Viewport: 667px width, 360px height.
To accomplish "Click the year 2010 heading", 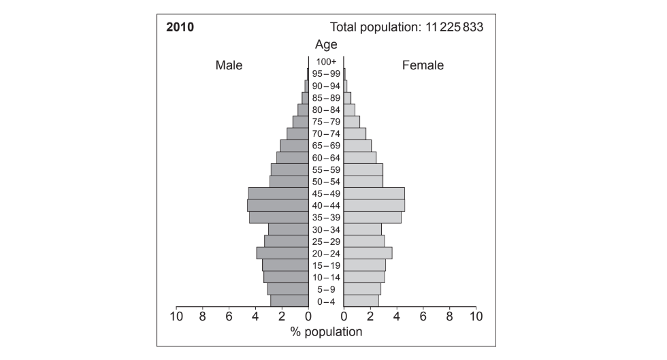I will pyautogui.click(x=180, y=27).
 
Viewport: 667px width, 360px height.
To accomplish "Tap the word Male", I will pyautogui.click(x=229, y=65).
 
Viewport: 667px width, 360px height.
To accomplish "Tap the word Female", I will pyautogui.click(x=423, y=65).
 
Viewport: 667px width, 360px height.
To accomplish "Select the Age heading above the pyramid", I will pyautogui.click(x=326, y=45).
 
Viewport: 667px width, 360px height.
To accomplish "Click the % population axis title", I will pyautogui.click(x=326, y=332).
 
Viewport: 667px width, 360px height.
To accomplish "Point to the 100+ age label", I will pyautogui.click(x=326, y=62).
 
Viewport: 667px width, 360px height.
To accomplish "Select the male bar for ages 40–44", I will pyautogui.click(x=278, y=206).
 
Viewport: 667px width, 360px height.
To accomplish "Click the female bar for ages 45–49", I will pyautogui.click(x=374, y=193).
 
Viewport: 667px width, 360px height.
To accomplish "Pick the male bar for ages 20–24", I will pyautogui.click(x=282, y=253).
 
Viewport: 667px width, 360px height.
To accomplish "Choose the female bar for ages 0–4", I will pyautogui.click(x=361, y=301).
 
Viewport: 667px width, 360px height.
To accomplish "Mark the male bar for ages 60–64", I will pyautogui.click(x=292, y=158).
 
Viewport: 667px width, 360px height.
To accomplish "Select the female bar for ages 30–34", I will pyautogui.click(x=362, y=229).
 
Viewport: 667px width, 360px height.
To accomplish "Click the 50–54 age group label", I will pyautogui.click(x=326, y=182).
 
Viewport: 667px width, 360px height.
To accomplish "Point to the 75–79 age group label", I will pyautogui.click(x=326, y=122).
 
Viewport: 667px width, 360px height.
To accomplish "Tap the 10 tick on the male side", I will pyautogui.click(x=176, y=316).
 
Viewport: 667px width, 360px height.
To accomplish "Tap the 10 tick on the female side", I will pyautogui.click(x=476, y=316).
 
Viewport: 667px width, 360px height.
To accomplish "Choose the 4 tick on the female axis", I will pyautogui.click(x=396, y=316).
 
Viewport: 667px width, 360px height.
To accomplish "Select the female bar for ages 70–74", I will pyautogui.click(x=355, y=134).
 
